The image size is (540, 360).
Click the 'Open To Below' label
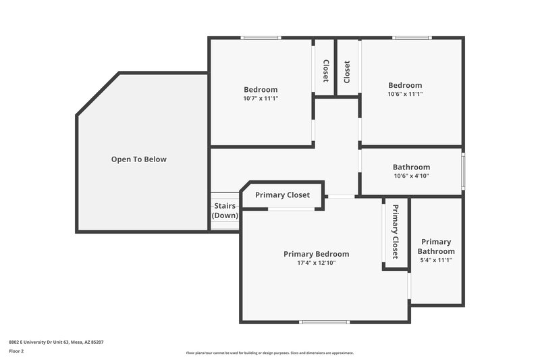click(138, 159)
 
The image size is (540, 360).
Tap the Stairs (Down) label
click(225, 210)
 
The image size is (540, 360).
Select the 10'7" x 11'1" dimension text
click(261, 99)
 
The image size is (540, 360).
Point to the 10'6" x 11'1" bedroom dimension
click(405, 95)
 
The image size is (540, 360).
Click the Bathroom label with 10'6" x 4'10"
click(411, 167)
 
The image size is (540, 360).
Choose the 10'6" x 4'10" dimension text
click(411, 176)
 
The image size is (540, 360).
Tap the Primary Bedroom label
click(316, 254)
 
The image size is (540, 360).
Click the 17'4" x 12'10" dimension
click(316, 263)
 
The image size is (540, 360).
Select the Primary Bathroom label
click(436, 247)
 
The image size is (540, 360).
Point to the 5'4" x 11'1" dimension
click(436, 260)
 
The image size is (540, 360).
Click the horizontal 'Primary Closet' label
click(282, 195)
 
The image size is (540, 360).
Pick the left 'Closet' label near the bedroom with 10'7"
click(325, 71)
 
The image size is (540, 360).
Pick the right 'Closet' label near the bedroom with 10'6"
click(347, 71)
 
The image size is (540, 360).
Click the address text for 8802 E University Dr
click(56, 342)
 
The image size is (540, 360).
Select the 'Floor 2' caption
click(16, 351)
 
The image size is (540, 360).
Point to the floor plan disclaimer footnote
click(269, 353)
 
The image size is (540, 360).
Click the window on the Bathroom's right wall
click(462, 172)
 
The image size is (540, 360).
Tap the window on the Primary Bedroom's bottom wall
click(323, 322)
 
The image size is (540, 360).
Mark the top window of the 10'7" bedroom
click(261, 38)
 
